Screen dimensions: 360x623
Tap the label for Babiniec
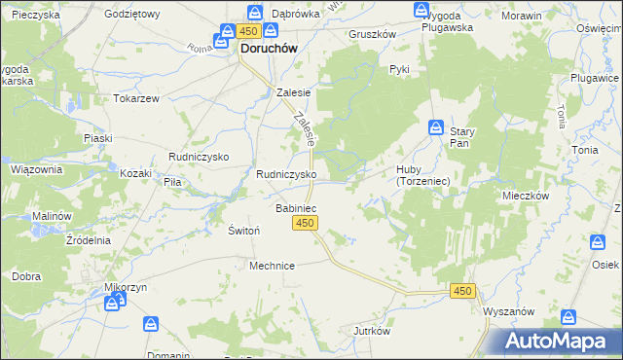[295, 208]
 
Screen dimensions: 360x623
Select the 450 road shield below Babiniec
[305, 224]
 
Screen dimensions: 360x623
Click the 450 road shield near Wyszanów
[463, 291]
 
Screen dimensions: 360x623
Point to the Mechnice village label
[272, 265]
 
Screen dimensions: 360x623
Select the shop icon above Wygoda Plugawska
[421, 12]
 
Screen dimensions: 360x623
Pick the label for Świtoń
[242, 230]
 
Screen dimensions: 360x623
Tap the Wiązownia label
[36, 168]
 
